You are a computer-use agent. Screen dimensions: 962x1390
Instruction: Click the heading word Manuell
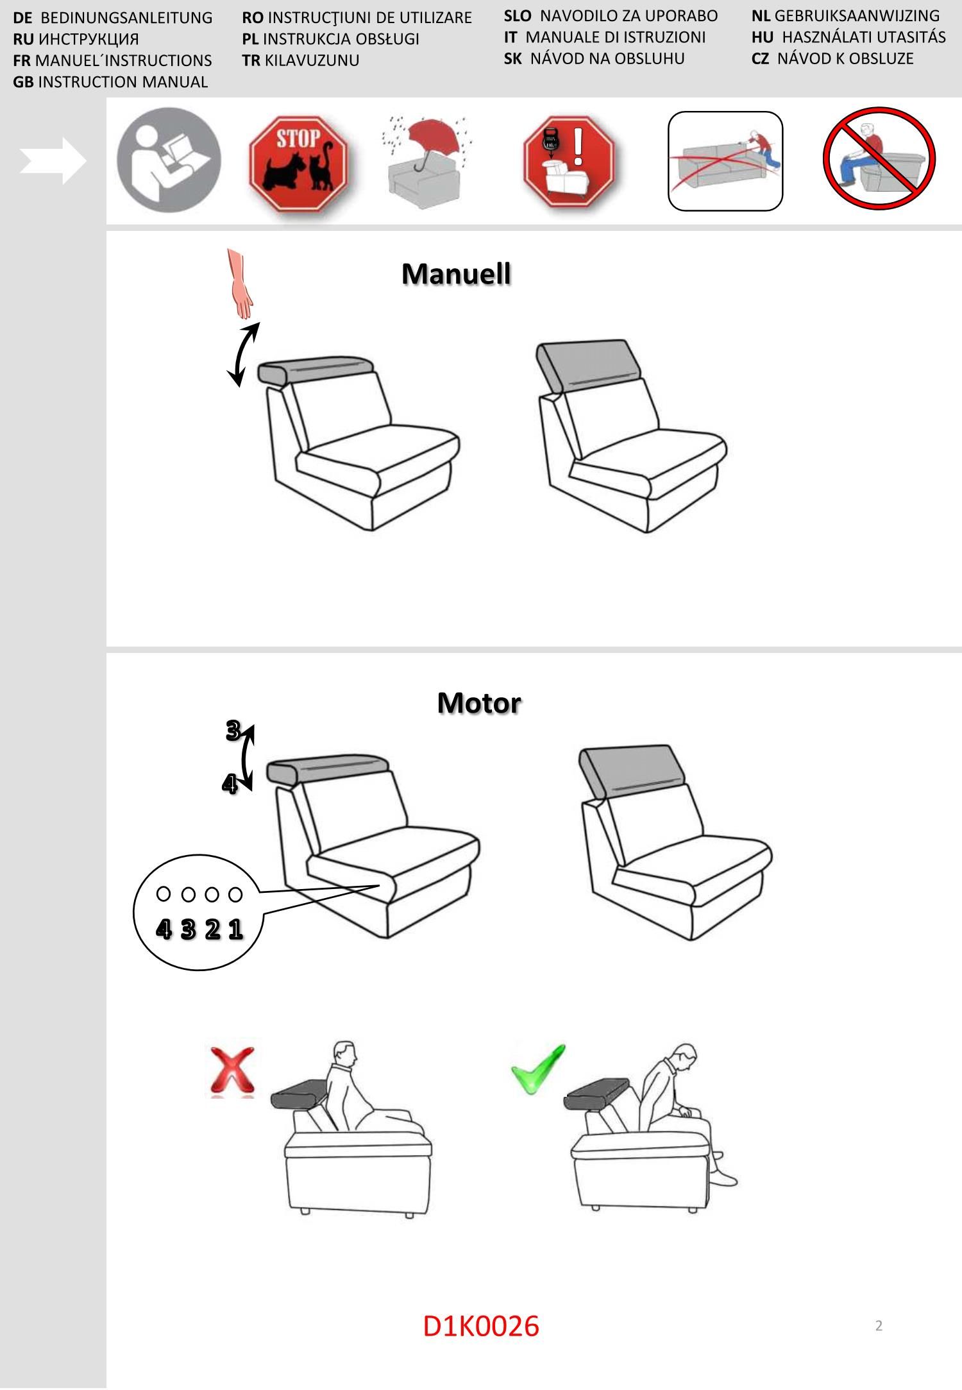pyautogui.click(x=456, y=274)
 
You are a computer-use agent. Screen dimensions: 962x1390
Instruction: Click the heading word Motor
pyautogui.click(x=479, y=702)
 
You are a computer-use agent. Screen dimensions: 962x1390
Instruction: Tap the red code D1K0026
pyautogui.click(x=481, y=1326)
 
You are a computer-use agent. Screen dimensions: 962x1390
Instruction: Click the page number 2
pyautogui.click(x=879, y=1325)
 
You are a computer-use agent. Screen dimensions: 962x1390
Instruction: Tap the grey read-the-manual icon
pyautogui.click(x=169, y=160)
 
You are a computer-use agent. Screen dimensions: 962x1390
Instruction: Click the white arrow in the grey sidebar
pyautogui.click(x=53, y=160)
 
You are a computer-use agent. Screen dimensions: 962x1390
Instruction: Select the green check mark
pyautogui.click(x=537, y=1069)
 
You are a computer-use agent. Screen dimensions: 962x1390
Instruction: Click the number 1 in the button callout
pyautogui.click(x=235, y=929)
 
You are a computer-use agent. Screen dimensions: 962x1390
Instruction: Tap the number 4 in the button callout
pyautogui.click(x=164, y=929)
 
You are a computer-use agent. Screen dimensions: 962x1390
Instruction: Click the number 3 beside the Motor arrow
pyautogui.click(x=233, y=731)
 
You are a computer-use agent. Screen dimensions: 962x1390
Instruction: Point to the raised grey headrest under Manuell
pyautogui.click(x=591, y=366)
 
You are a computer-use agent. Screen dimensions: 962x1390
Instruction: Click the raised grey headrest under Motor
pyautogui.click(x=633, y=772)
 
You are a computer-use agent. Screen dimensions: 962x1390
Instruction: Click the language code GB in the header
pyautogui.click(x=23, y=82)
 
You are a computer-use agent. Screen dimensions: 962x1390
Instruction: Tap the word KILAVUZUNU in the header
pyautogui.click(x=312, y=60)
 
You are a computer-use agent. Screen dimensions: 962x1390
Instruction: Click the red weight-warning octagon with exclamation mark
pyautogui.click(x=569, y=162)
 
